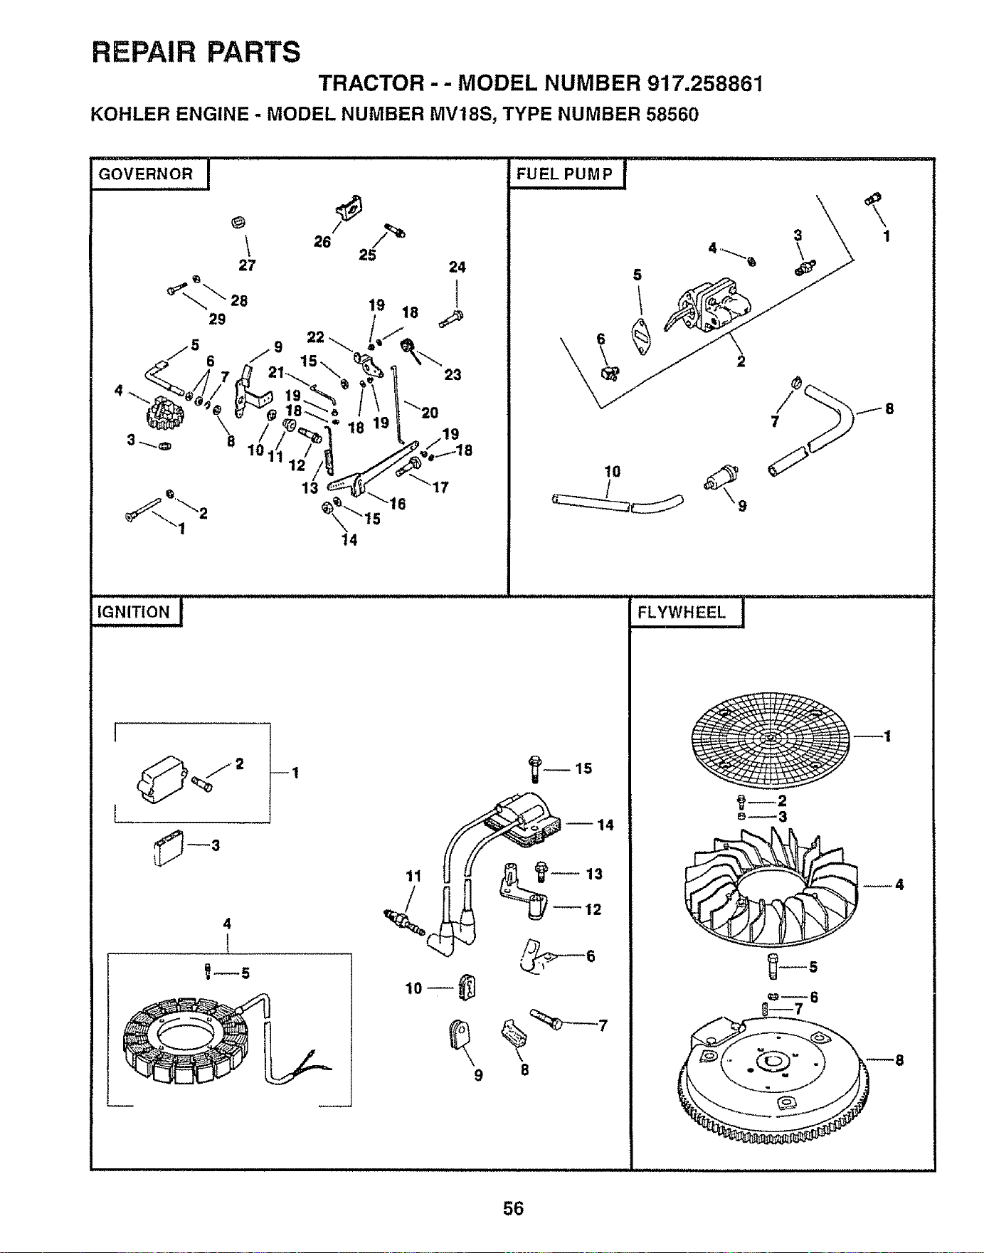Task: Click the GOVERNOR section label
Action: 146,174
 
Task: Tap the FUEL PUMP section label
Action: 565,174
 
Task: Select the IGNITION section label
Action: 134,613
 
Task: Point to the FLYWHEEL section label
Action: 682,613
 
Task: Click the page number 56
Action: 513,1208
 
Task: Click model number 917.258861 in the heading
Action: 705,84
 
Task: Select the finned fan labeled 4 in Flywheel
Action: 771,886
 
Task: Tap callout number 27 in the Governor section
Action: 247,265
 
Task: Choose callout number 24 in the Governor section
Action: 457,267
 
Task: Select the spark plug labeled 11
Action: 403,922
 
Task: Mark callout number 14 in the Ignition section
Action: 605,825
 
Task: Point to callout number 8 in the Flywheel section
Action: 899,1061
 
